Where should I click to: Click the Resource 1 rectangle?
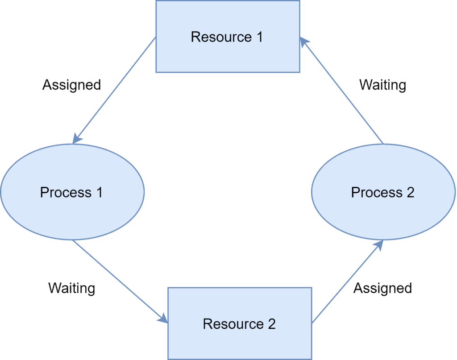point(228,54)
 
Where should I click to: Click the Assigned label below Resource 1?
point(71,84)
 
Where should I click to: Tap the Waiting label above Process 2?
point(382,84)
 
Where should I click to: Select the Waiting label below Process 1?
point(71,288)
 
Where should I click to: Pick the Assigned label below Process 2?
point(382,288)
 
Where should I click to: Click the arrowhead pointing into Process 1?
point(77,139)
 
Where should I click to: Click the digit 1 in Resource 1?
point(259,37)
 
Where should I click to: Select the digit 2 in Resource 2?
point(271,324)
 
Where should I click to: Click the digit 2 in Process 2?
point(410,192)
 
